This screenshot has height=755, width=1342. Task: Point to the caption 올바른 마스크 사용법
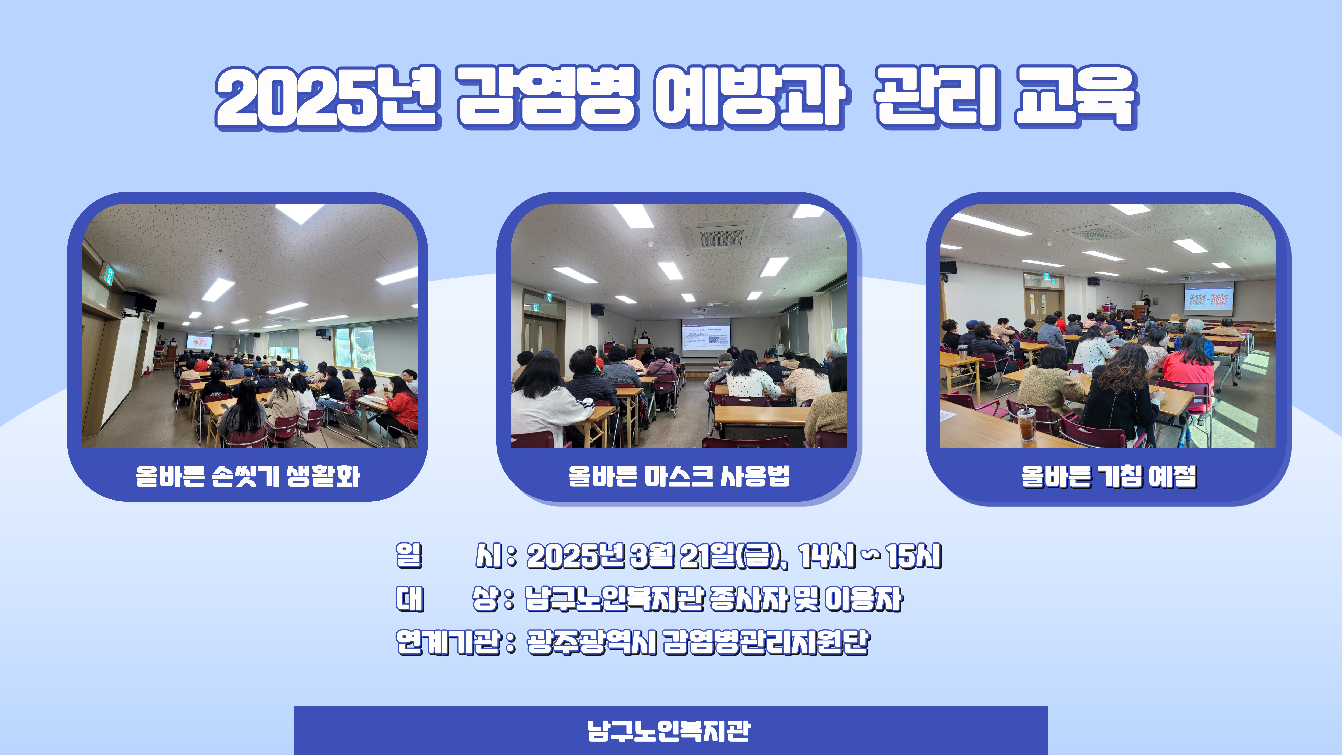(679, 476)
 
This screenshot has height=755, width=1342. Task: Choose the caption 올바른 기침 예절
(1109, 476)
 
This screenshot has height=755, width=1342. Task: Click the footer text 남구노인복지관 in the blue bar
(669, 731)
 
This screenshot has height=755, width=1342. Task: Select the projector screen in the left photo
(199, 342)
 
